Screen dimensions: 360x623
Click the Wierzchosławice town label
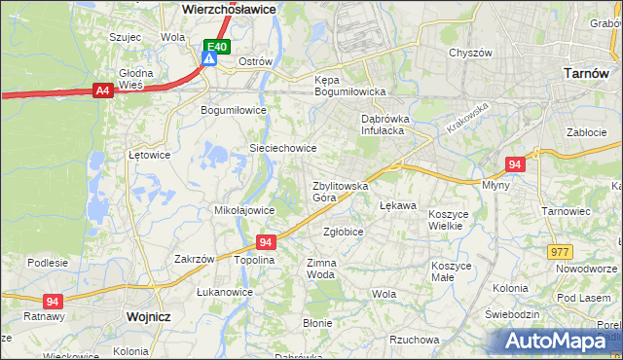(x=230, y=8)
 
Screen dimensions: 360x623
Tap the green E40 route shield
(x=216, y=46)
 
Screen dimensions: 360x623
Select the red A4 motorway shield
(x=102, y=90)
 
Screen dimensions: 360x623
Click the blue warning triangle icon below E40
(x=209, y=59)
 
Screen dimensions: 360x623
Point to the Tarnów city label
(x=587, y=72)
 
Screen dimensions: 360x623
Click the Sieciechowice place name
(x=283, y=148)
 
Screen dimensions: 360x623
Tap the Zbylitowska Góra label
(x=339, y=191)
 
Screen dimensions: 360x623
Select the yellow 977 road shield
(x=560, y=251)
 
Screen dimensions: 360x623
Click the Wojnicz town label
(x=149, y=317)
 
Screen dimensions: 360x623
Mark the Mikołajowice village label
(x=243, y=209)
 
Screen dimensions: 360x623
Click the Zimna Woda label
(x=321, y=268)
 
